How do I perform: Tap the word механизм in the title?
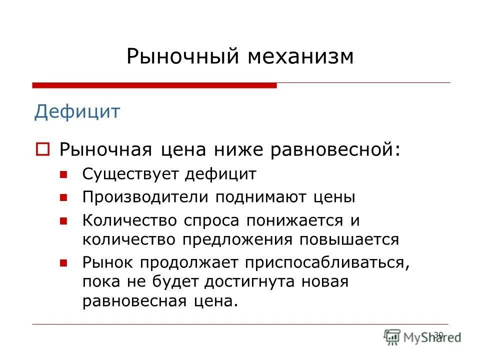(299, 56)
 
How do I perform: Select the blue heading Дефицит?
(77, 111)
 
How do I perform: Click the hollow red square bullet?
(42, 149)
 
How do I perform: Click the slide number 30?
(438, 334)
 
